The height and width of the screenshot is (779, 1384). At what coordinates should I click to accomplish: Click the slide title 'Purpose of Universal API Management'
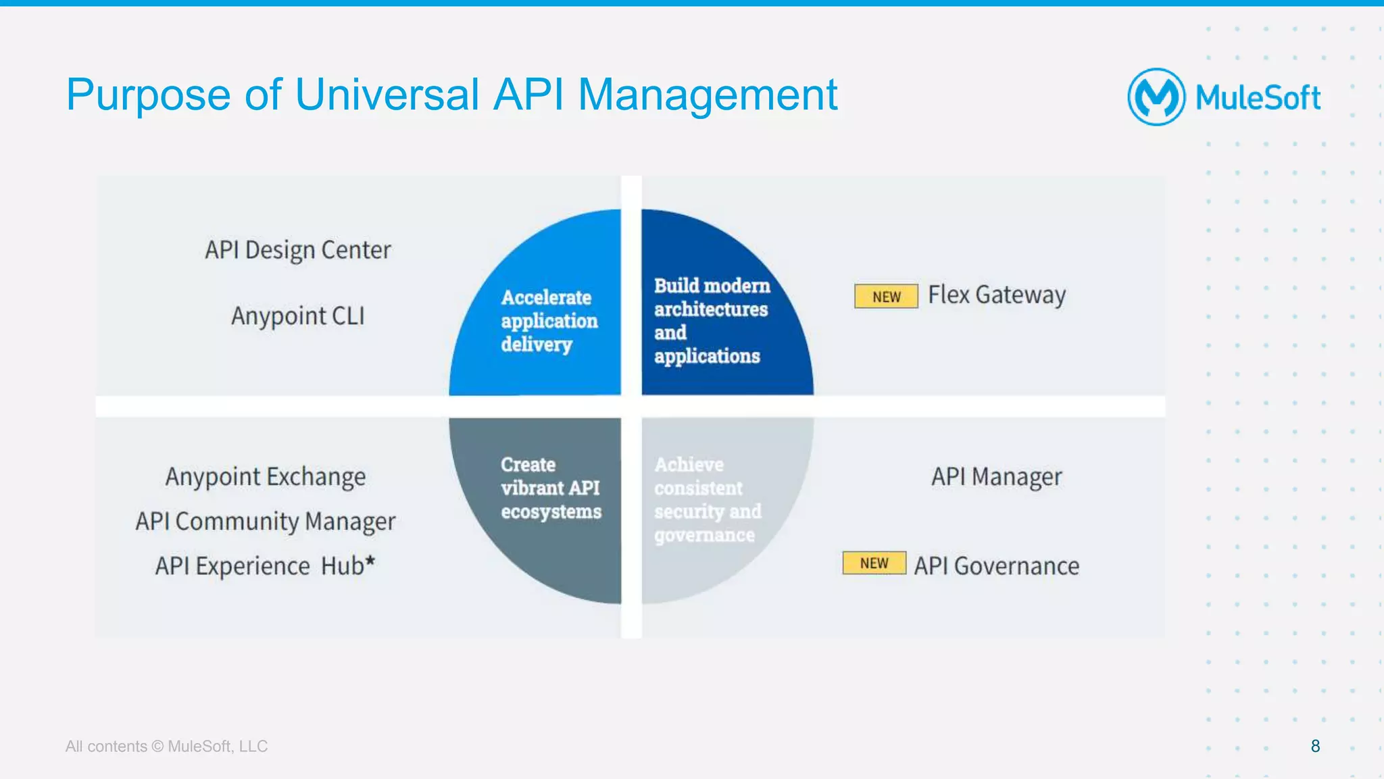coord(451,95)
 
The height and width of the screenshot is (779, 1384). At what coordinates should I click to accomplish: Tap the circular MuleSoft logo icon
coord(1156,97)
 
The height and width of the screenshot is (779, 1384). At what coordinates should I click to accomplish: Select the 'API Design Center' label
coord(298,250)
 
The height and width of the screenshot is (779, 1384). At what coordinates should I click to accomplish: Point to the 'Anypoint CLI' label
coord(298,316)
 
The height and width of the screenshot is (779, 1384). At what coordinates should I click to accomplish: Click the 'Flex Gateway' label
coord(997,295)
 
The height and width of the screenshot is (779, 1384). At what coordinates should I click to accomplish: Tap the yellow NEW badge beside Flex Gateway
coord(886,297)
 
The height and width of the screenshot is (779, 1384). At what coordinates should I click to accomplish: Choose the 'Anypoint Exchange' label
coord(266,477)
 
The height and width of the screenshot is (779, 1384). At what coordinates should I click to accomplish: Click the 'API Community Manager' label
coord(266,522)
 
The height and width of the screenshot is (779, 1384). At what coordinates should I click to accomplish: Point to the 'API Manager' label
coord(997,477)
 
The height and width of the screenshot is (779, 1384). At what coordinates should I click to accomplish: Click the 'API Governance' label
coord(997,566)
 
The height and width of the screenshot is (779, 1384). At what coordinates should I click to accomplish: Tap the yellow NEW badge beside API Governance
coord(874,563)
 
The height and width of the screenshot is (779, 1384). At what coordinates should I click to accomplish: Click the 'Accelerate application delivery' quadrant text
coord(549,321)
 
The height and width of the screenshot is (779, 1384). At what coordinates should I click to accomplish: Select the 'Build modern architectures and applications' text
coord(711,321)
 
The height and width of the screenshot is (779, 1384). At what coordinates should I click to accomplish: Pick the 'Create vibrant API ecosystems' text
coord(550,488)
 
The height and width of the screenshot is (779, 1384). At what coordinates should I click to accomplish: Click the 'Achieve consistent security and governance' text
coord(707,500)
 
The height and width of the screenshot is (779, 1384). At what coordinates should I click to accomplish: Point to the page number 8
coord(1315,746)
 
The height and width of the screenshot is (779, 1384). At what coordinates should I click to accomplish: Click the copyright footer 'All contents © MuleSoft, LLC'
coord(166,747)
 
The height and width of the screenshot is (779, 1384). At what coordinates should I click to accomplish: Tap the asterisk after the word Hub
coord(370,560)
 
